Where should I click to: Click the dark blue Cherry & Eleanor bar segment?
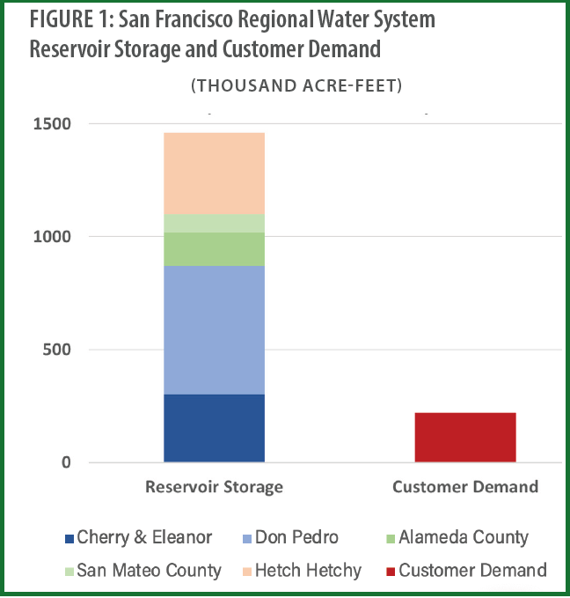214,428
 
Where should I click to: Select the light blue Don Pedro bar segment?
214,329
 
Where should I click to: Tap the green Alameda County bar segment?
214,248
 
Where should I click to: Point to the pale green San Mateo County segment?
214,223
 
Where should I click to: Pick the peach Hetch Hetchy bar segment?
214,173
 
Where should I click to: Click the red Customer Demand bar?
464,437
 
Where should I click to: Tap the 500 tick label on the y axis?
58,350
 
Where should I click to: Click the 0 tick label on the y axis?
66,462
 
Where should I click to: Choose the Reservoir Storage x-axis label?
214,487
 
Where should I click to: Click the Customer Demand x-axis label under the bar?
464,487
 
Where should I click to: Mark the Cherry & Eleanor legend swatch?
69,537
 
